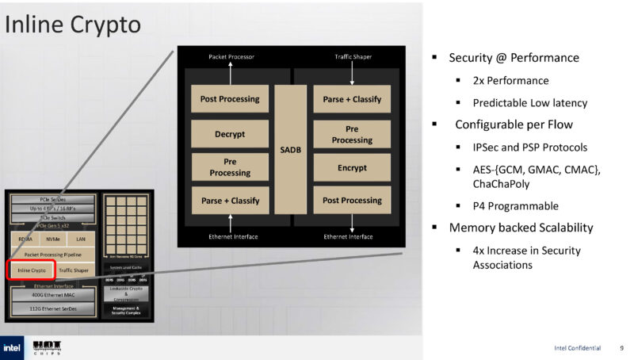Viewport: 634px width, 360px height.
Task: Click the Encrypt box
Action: (x=352, y=167)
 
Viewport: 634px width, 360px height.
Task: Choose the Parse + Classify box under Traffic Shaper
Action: (x=352, y=99)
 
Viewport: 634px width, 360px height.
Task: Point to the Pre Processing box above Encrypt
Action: (x=352, y=134)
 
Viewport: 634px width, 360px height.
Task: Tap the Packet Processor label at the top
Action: (x=230, y=58)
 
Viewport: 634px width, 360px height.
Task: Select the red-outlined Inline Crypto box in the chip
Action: (x=32, y=270)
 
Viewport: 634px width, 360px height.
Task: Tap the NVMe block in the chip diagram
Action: (x=52, y=238)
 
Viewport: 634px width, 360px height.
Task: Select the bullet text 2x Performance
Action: (x=510, y=81)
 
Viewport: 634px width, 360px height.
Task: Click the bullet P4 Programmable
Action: (x=515, y=206)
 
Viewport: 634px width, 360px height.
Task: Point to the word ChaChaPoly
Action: (x=501, y=183)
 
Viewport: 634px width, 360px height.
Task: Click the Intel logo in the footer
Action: (x=12, y=347)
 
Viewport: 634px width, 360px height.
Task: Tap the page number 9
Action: (x=621, y=348)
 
